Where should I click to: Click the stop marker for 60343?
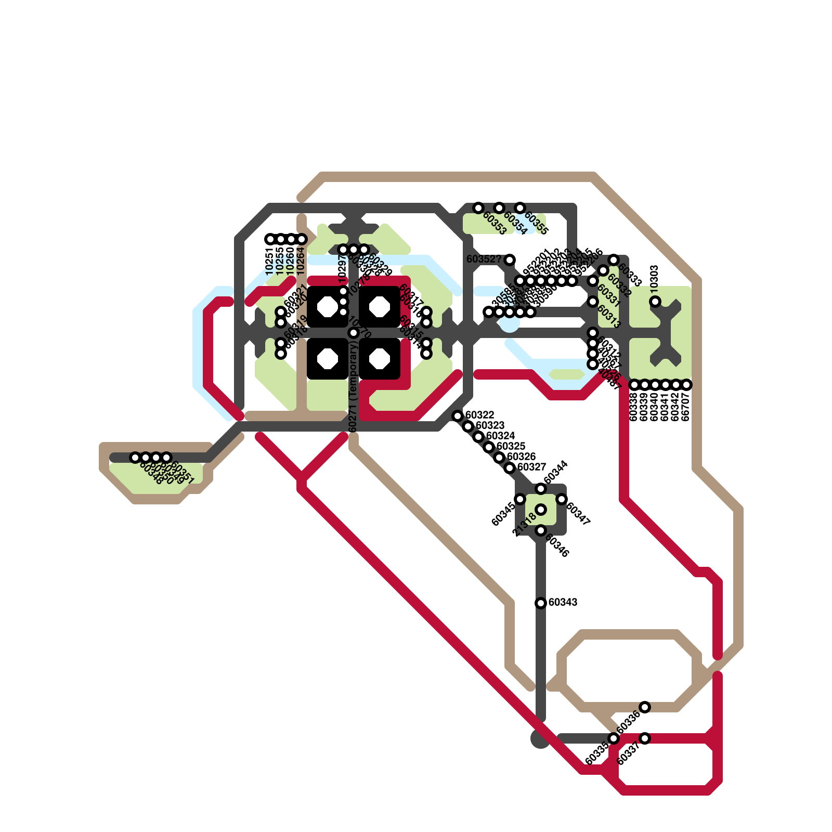(x=541, y=603)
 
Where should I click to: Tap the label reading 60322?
(x=479, y=415)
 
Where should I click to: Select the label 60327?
(x=531, y=467)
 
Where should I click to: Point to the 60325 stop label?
(x=511, y=446)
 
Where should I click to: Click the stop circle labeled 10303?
(x=655, y=302)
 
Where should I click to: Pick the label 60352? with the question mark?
(x=484, y=259)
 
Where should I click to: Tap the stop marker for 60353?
(x=478, y=208)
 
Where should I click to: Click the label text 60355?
(x=536, y=223)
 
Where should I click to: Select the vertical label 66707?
(x=686, y=407)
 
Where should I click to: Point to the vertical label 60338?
(x=634, y=407)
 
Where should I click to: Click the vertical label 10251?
(x=270, y=261)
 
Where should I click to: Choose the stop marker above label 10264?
(x=302, y=239)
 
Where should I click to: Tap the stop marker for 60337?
(x=645, y=738)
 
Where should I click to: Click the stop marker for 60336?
(x=645, y=707)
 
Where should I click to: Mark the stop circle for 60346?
(x=541, y=530)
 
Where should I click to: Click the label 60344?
(x=555, y=472)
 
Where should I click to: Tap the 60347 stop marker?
(x=562, y=499)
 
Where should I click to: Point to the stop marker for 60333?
(x=614, y=260)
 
